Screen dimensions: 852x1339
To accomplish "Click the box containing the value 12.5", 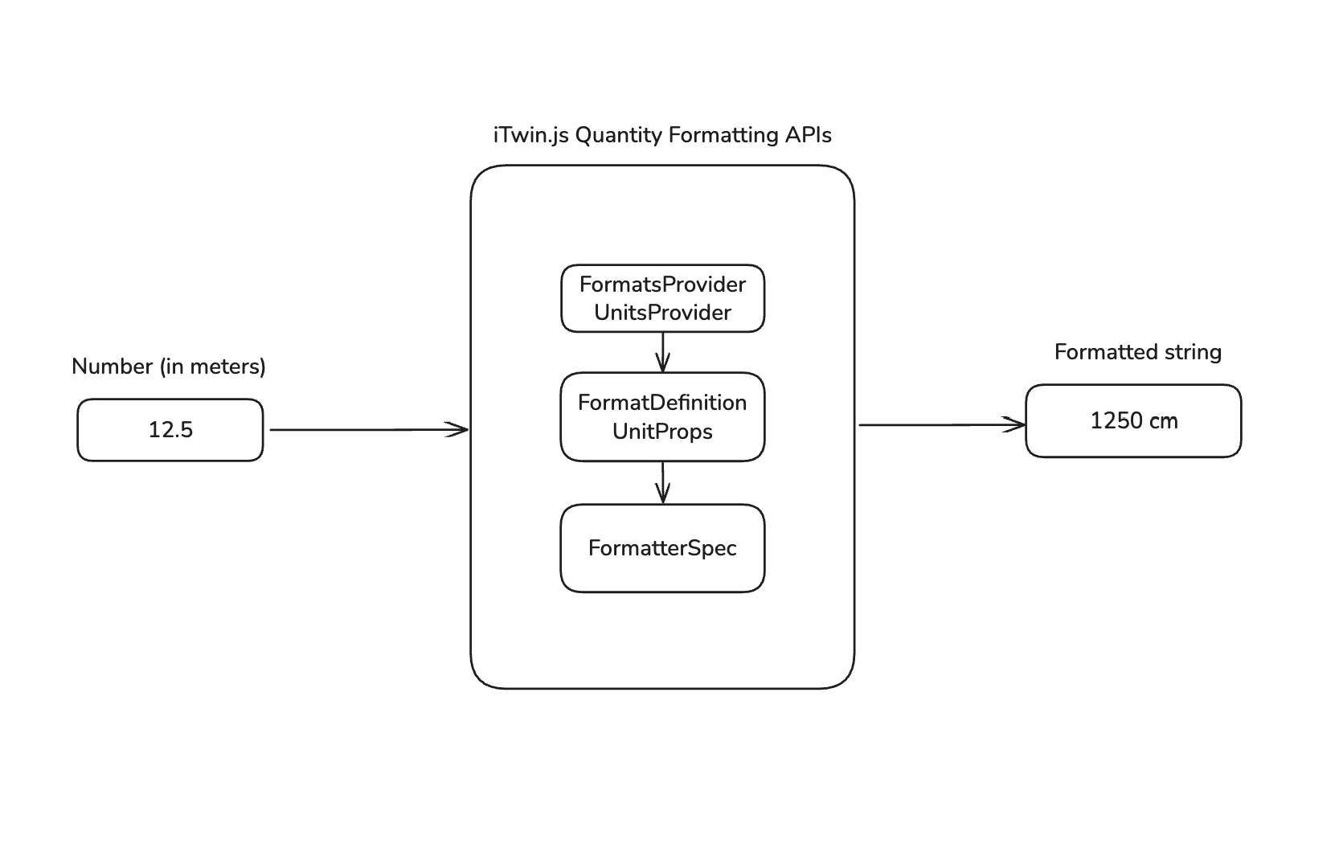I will click(x=170, y=430).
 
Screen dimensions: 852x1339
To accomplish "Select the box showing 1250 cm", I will click(x=1133, y=421).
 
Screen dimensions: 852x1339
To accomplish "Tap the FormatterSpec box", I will click(x=662, y=548).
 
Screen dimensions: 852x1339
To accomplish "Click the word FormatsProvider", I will click(x=662, y=285).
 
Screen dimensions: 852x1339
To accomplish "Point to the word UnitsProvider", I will click(x=662, y=313).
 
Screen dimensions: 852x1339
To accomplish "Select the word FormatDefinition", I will click(x=662, y=403).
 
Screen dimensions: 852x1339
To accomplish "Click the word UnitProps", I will click(x=662, y=432).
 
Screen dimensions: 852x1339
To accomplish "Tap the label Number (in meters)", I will click(x=169, y=367).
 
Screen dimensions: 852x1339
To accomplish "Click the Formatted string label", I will click(x=1137, y=352).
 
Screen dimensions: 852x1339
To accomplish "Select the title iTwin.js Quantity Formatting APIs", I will click(x=662, y=135).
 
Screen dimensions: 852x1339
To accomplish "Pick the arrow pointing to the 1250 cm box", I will click(x=940, y=424).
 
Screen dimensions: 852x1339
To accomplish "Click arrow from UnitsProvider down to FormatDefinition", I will click(x=662, y=352).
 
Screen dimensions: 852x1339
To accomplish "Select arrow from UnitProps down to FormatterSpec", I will click(x=662, y=482).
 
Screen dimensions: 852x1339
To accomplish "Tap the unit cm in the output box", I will click(x=1163, y=421).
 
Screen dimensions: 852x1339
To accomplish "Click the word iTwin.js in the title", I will click(x=530, y=135).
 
